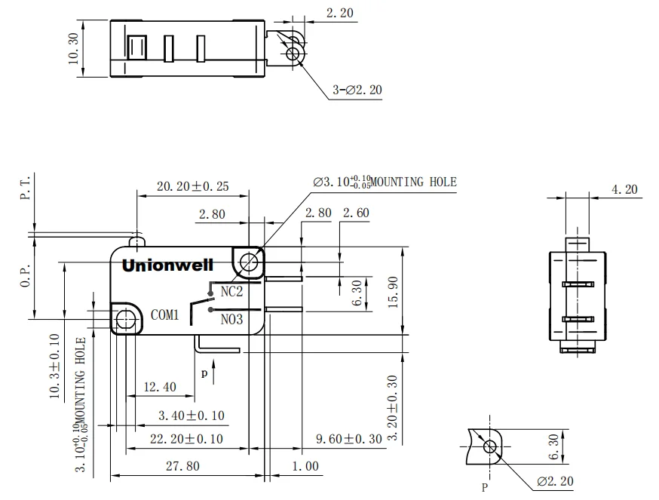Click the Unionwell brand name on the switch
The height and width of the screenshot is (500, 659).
[167, 265]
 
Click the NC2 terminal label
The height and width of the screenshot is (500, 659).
[231, 291]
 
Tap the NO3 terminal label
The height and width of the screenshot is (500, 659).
[231, 319]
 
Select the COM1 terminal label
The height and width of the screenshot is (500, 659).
[164, 315]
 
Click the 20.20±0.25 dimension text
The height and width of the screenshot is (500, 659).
[192, 186]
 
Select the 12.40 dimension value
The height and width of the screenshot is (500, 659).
[159, 388]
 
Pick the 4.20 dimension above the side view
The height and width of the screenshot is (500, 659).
[625, 190]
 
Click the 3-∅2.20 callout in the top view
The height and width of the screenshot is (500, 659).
[357, 90]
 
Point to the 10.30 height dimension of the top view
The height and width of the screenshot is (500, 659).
[74, 49]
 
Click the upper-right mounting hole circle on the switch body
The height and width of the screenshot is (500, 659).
[248, 262]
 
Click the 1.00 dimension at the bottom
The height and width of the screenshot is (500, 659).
[305, 466]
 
